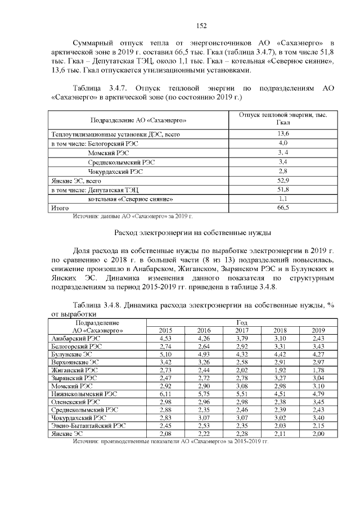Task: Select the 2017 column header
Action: point(242,331)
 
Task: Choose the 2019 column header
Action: point(318,331)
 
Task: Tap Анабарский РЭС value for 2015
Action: point(165,339)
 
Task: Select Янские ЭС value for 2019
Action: point(318,434)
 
